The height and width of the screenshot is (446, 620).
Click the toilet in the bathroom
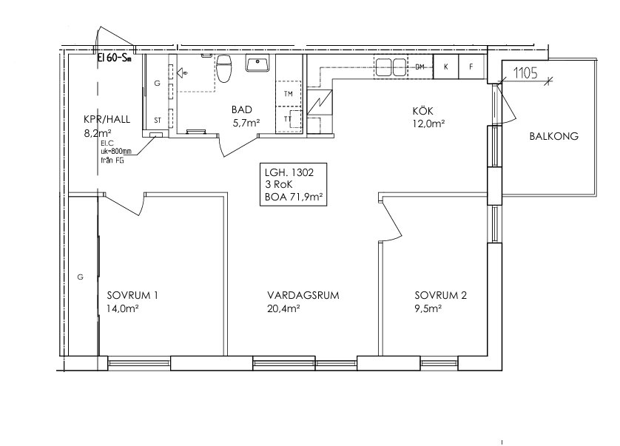click(223, 68)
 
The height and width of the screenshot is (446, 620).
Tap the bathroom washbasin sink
click(257, 63)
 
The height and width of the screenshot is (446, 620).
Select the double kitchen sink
click(391, 67)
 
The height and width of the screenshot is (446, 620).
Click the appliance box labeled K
click(445, 67)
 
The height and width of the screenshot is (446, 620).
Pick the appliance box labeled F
click(471, 67)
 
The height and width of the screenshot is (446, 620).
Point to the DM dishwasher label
click(420, 67)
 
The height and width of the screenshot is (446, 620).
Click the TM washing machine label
click(289, 94)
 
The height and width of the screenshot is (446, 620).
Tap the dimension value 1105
click(525, 73)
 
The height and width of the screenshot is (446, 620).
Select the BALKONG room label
click(553, 136)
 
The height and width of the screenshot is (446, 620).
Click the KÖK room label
click(422, 111)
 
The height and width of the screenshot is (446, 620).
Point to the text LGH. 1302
click(289, 172)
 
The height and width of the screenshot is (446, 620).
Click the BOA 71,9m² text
click(293, 197)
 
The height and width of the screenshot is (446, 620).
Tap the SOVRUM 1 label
click(132, 295)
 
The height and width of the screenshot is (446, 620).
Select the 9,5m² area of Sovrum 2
click(428, 308)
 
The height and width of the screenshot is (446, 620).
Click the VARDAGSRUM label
click(303, 295)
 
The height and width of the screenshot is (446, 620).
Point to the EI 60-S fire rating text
click(114, 58)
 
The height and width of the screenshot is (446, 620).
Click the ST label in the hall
click(158, 121)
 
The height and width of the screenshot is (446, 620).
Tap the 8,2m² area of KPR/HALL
click(97, 133)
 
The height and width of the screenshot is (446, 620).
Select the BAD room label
click(242, 110)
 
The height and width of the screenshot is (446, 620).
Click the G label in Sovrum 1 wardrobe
click(80, 277)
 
